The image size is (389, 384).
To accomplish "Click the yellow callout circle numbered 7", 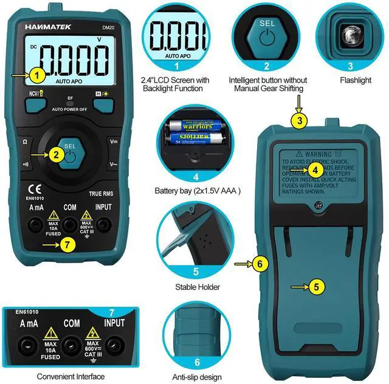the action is [x=68, y=245].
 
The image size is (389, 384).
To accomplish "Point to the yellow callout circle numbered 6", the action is [x=260, y=264].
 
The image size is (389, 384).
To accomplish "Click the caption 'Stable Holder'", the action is [x=197, y=287].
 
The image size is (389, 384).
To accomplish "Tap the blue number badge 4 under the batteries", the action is [x=196, y=177].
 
